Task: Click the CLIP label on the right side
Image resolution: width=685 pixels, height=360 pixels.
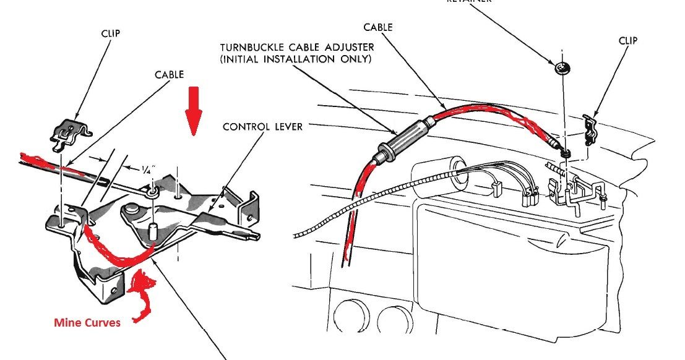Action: tap(627, 41)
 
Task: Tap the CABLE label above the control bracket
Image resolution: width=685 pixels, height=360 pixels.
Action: tap(169, 74)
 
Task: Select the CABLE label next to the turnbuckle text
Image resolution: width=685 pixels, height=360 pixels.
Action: tap(378, 27)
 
